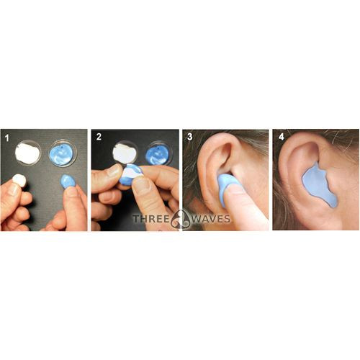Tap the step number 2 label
[98, 136]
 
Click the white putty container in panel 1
[28, 153]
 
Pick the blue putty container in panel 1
[63, 153]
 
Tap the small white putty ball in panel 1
[19, 180]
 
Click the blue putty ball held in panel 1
[68, 181]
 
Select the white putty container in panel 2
[125, 152]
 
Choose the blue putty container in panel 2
[158, 153]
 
